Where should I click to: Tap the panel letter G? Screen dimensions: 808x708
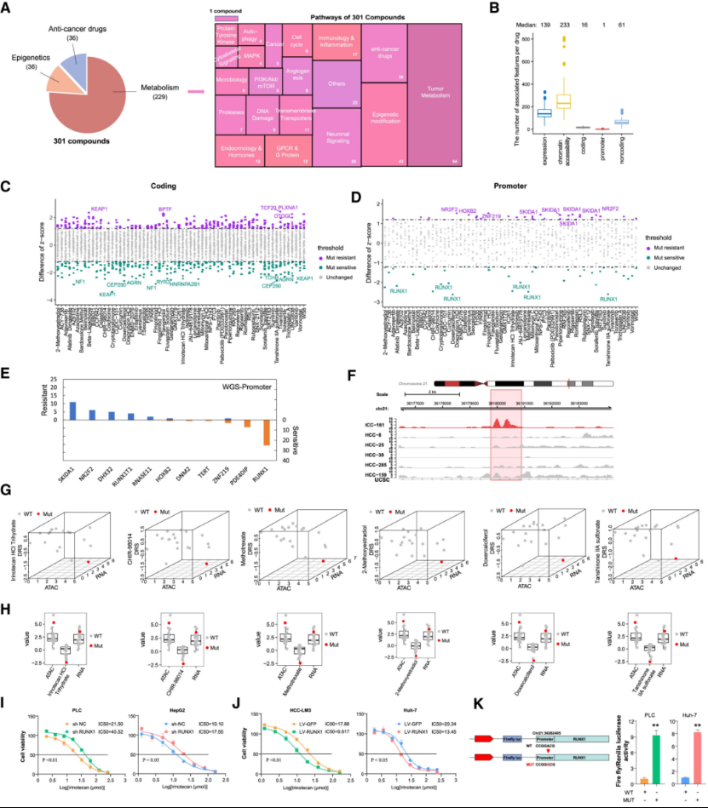coord(7,493)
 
